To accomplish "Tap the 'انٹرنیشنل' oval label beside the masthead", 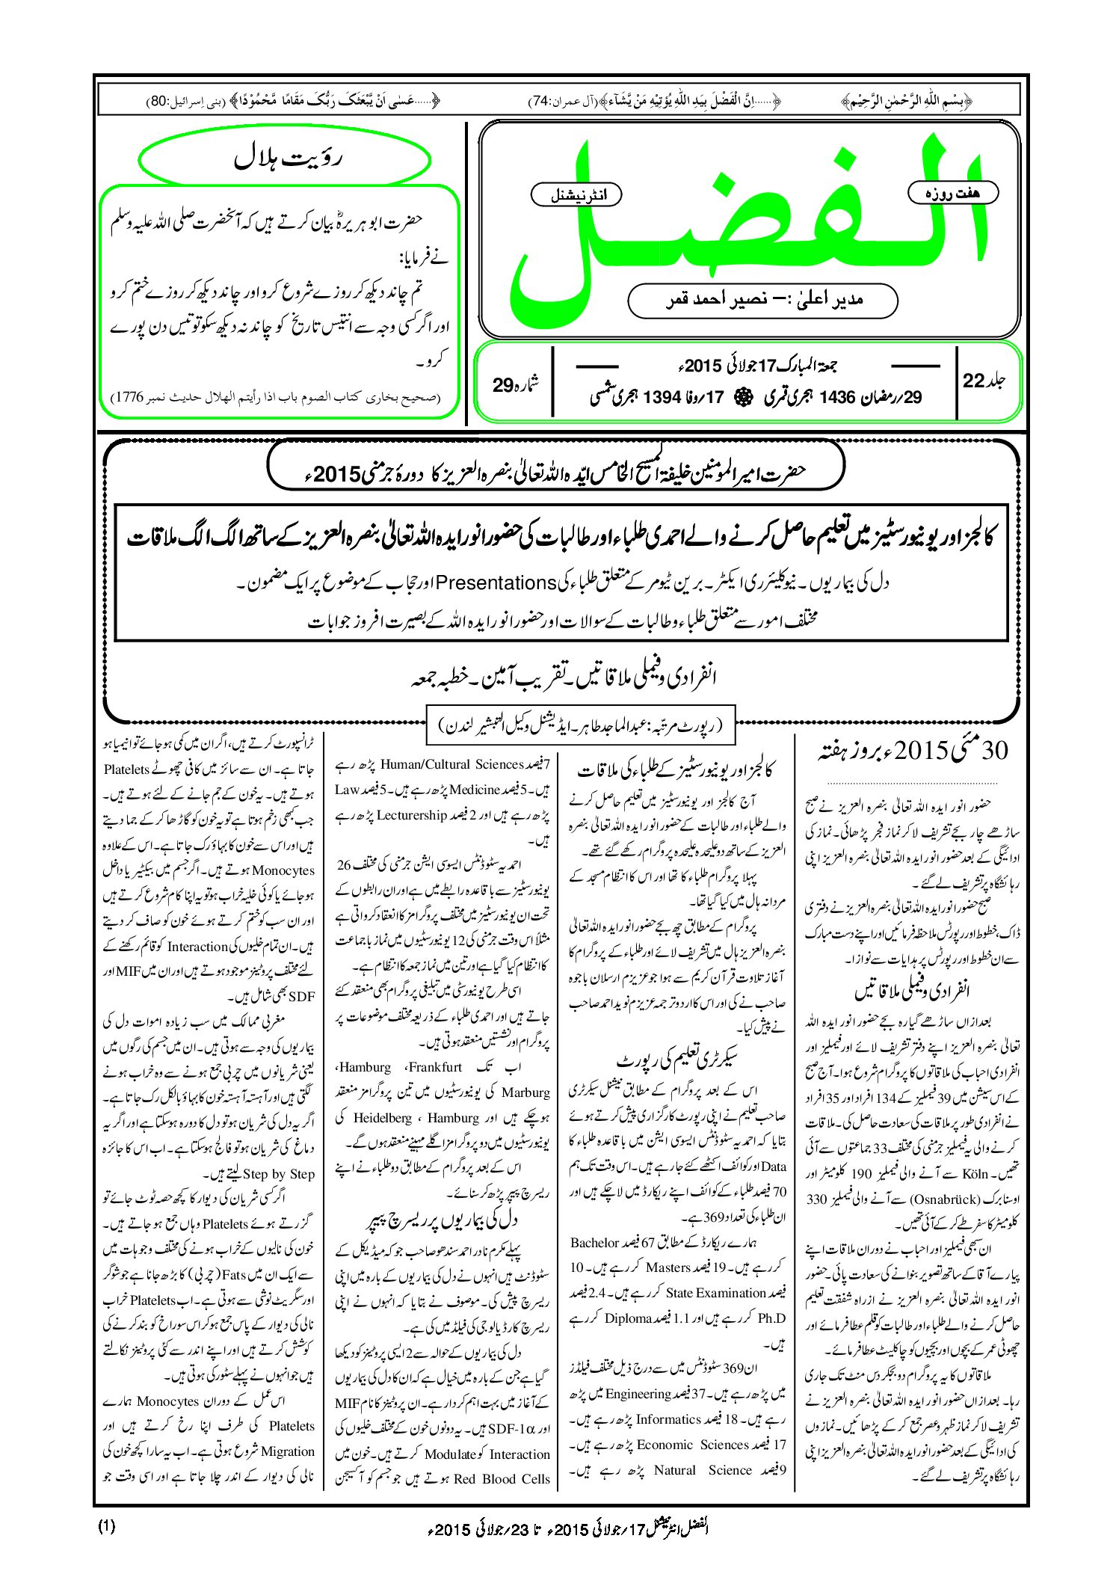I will click(576, 195).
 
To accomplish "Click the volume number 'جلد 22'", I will click(984, 381).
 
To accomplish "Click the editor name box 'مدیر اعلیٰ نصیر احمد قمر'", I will click(762, 300).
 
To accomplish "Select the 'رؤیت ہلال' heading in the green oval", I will click(285, 159).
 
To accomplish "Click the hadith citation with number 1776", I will click(274, 397).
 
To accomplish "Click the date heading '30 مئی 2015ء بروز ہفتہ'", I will click(913, 750).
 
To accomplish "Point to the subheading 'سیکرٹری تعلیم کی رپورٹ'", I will click(677, 1061).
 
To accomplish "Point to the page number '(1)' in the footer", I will click(107, 1526).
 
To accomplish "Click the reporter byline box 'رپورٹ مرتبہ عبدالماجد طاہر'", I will click(580, 725).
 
